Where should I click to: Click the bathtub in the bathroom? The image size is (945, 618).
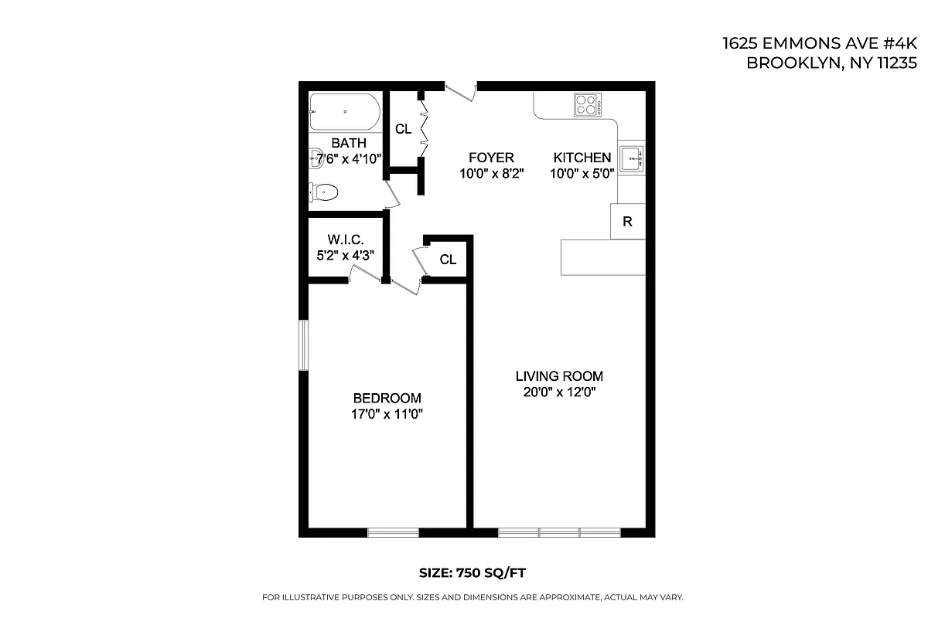coord(345,113)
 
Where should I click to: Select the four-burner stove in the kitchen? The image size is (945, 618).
coord(588,105)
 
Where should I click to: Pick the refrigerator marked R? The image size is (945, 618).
coord(628,222)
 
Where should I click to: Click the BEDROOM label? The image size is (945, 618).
coord(387,399)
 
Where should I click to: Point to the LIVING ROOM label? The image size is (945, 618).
coord(559,376)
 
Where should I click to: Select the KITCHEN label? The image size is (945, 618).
coord(582,158)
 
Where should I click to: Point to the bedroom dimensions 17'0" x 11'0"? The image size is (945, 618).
coord(387,414)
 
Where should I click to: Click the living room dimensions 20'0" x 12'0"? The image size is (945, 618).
coord(559,392)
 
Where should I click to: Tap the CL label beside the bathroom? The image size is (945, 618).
coord(403,129)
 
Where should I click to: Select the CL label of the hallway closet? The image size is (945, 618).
coord(448,260)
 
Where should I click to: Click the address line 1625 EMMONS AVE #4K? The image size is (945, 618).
coord(820,44)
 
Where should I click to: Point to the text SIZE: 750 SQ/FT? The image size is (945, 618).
coord(472,572)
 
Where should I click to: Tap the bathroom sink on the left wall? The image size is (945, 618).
coord(315,158)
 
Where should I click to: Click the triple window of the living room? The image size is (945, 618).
coord(559,532)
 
